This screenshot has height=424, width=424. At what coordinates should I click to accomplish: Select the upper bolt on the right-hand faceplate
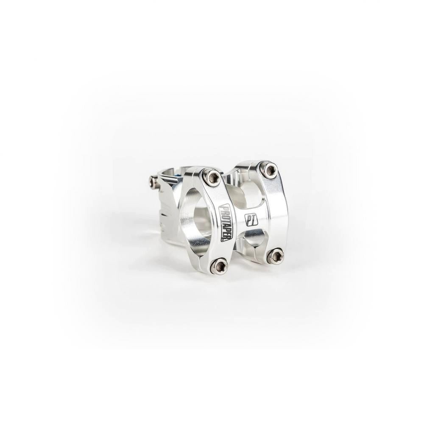(270, 170)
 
